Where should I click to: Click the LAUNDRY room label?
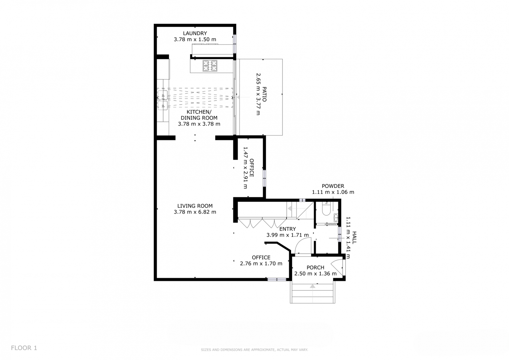[195, 33]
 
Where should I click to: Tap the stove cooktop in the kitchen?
[210, 66]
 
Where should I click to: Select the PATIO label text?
[264, 94]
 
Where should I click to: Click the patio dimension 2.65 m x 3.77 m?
[258, 94]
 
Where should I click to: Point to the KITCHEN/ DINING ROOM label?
[199, 115]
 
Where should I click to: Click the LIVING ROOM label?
[195, 206]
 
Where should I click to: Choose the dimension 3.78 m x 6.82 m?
[195, 212]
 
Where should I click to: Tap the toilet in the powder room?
[326, 209]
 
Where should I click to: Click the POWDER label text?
[333, 186]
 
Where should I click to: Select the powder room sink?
[336, 218]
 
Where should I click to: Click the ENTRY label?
[288, 229]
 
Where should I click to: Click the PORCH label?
[315, 267]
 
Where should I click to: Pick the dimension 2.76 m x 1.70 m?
[261, 263]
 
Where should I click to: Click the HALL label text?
[354, 238]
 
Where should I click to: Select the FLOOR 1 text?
[24, 348]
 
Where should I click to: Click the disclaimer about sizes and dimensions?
[254, 350]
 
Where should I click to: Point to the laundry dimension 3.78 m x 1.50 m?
[195, 39]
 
